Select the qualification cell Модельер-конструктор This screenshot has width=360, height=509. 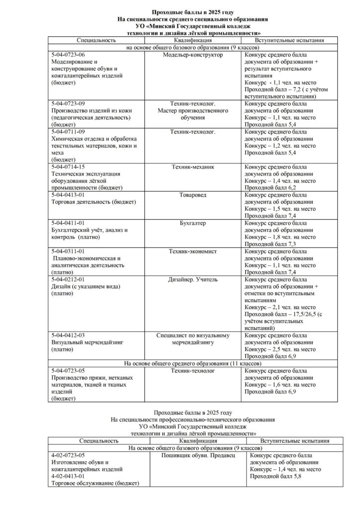tap(192, 55)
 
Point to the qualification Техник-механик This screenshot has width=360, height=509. tap(192, 167)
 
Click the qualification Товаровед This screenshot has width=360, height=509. tap(192, 195)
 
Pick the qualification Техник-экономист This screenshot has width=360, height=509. tap(192, 252)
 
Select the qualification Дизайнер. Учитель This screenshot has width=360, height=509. tap(192, 280)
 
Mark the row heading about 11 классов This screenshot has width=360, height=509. tap(192, 364)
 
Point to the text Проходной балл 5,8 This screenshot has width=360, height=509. tap(276, 476)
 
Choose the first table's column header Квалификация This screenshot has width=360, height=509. tap(192, 39)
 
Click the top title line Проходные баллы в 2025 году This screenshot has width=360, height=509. tap(192, 11)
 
